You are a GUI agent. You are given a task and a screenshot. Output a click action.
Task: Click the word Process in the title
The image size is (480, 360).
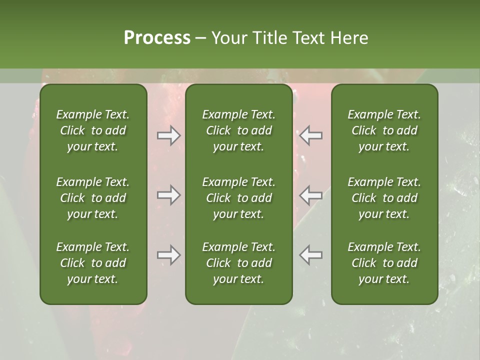157,38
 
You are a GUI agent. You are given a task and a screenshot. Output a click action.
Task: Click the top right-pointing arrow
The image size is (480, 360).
169,135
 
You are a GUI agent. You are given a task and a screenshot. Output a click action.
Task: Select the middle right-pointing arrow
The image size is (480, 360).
169,195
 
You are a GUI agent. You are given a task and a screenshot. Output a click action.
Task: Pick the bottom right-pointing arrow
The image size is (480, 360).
169,255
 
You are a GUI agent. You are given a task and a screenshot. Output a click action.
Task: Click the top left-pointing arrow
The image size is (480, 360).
311,135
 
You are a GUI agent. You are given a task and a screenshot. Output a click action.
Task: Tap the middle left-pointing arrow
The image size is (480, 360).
311,195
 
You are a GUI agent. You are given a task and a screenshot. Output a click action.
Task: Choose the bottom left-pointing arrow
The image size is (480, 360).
311,255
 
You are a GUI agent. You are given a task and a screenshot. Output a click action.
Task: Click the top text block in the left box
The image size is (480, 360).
93,130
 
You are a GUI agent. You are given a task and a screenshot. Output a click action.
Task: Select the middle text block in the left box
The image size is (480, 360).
93,198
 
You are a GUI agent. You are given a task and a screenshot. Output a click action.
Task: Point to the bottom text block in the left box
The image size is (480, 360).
93,263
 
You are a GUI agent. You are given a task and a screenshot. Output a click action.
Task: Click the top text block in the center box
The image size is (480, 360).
239,130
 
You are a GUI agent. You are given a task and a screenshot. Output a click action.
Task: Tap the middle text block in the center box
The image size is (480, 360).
239,198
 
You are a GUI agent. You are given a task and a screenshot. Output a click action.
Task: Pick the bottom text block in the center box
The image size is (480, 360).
239,263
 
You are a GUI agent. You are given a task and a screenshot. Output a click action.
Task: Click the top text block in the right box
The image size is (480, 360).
384,130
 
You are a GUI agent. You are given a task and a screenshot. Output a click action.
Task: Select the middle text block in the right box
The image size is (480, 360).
384,198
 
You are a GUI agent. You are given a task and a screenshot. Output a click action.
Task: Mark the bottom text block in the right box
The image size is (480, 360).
384,263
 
